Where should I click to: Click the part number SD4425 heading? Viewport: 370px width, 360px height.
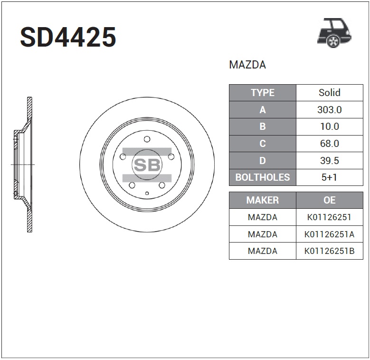(x=68, y=37)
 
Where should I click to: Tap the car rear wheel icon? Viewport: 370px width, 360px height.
(x=334, y=33)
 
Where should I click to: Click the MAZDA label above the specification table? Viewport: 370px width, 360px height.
(x=247, y=65)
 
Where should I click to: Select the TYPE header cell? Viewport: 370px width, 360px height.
(x=262, y=93)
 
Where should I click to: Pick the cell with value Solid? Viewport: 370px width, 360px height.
(x=330, y=93)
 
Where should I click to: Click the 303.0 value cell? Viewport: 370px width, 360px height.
(x=330, y=109)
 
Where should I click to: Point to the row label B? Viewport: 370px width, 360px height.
(x=262, y=126)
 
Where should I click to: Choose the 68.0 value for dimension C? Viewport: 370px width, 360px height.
(x=330, y=144)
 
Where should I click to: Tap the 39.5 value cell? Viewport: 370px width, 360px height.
(x=330, y=160)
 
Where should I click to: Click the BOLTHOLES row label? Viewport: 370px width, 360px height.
(x=262, y=177)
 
